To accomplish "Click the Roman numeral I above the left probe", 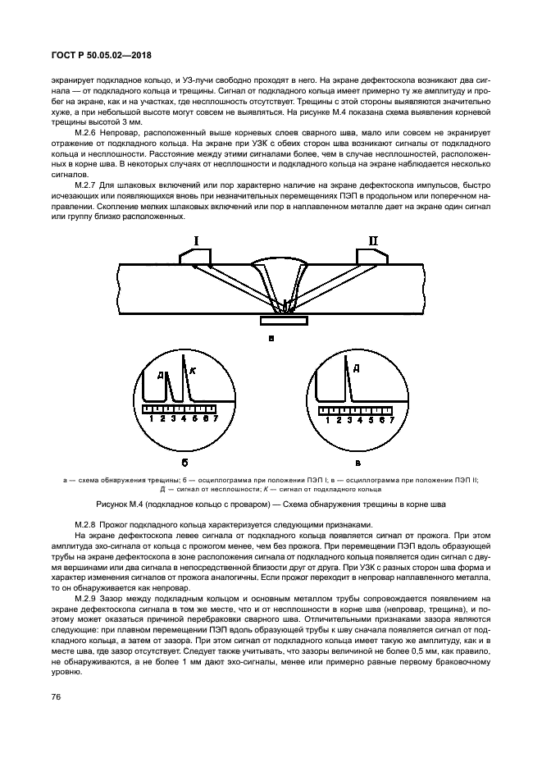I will coord(196,240).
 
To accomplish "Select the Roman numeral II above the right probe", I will coord(373,240).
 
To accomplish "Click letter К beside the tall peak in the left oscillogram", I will coord(193,372).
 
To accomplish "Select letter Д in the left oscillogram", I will coord(162,376).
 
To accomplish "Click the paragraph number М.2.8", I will coord(88,524).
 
